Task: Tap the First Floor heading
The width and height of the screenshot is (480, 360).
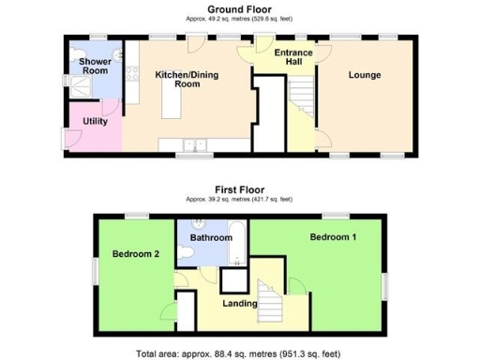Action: [239, 188]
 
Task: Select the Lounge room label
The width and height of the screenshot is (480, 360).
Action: [364, 75]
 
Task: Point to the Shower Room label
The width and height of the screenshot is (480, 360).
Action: [95, 66]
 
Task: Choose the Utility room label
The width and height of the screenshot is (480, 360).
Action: [95, 121]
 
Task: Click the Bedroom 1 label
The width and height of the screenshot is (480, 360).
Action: [333, 237]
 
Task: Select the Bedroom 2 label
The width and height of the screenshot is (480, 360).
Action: [135, 253]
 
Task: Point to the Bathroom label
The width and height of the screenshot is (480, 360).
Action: [210, 238]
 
